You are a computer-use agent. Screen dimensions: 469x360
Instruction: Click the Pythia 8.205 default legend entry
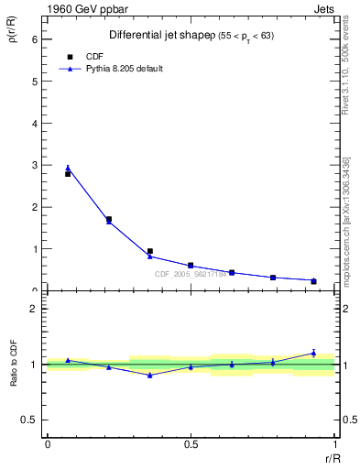pos(124,69)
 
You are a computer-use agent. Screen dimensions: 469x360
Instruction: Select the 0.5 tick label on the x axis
pos(191,444)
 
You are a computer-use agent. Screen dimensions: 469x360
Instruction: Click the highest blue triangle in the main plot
pos(68,168)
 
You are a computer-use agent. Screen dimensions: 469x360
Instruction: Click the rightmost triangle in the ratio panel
pos(313,353)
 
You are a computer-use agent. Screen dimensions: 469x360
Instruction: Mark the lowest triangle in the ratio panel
pos(149,375)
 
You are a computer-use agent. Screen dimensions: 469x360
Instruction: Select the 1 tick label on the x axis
pos(334,444)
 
